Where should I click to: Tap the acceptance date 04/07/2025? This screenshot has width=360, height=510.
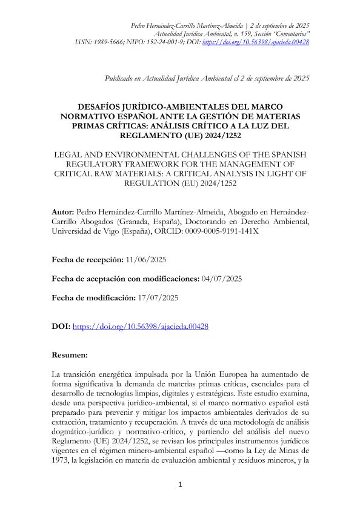tap(222, 278)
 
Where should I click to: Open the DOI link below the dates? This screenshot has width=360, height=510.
tap(141, 326)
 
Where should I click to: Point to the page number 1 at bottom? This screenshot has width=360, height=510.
tap(180, 485)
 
